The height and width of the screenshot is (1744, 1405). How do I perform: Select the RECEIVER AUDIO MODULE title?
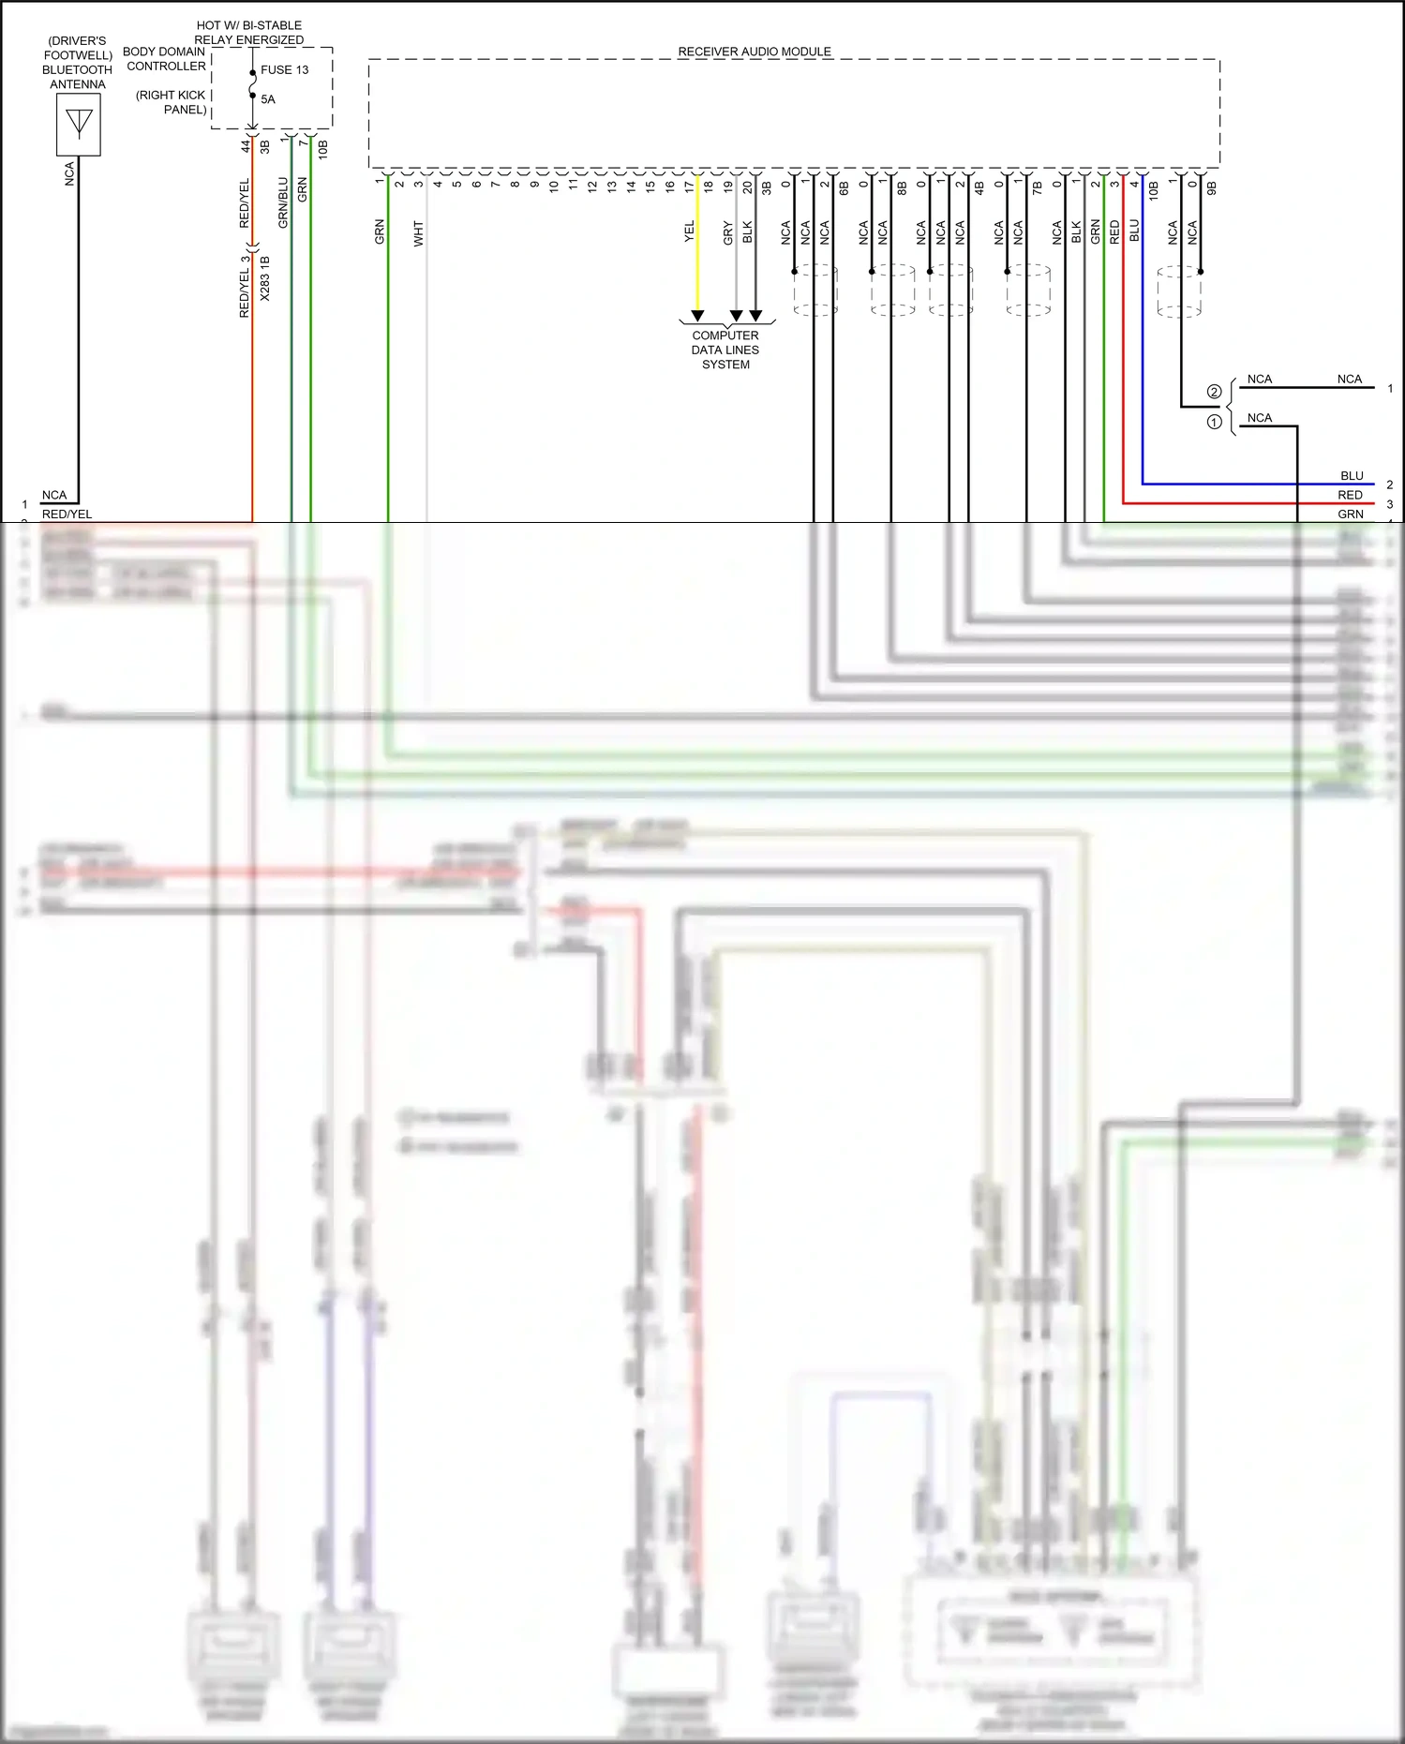pos(755,52)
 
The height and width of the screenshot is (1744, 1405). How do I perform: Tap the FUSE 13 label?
pos(284,69)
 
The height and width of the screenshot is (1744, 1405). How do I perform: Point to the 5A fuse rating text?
pos(268,99)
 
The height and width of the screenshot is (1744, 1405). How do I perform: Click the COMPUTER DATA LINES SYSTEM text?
pos(725,350)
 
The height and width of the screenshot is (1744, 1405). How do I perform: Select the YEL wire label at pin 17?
pos(690,231)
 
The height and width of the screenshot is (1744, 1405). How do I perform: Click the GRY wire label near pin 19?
pos(728,232)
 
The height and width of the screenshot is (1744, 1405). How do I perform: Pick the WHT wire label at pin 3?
pos(419,233)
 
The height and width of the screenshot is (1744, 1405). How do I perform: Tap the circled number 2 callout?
pos(1214,392)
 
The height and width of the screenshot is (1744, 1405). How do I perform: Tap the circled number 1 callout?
pos(1214,423)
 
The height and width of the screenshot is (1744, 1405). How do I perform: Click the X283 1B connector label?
pos(265,278)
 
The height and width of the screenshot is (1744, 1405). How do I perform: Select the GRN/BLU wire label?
pos(283,203)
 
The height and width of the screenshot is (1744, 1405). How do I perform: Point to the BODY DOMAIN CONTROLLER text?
pos(165,59)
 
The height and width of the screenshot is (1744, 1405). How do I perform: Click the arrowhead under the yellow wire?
pos(697,316)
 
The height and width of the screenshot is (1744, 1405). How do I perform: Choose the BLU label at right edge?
pos(1352,476)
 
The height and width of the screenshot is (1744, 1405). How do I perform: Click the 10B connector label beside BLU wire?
pos(1154,191)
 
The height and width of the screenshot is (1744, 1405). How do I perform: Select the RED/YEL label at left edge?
pos(67,514)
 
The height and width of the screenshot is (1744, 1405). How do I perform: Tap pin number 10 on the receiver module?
pos(554,186)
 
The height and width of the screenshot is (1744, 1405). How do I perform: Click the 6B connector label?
pos(844,188)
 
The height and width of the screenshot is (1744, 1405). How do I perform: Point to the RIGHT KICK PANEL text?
pos(172,102)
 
